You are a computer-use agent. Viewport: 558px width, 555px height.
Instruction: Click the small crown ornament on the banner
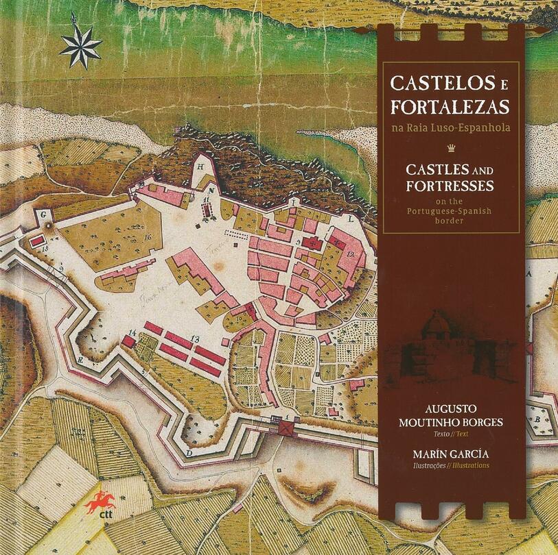(450, 147)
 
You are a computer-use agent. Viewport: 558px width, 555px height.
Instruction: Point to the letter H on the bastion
(200, 166)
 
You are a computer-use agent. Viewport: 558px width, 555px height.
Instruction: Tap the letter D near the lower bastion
(189, 453)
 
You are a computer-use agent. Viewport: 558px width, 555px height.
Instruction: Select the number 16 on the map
(148, 236)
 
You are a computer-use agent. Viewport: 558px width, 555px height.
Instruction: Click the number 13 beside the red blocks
(195, 338)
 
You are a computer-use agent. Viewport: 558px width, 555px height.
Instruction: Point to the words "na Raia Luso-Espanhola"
(450, 127)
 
